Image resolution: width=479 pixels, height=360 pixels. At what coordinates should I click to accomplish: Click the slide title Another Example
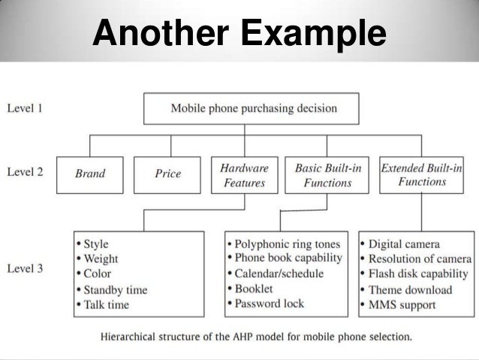[x=239, y=35]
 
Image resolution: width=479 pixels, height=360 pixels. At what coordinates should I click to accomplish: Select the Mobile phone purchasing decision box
[x=254, y=108]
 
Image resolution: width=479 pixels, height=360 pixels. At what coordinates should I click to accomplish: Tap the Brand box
[x=90, y=174]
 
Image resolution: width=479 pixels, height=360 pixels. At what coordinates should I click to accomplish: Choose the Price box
[x=167, y=174]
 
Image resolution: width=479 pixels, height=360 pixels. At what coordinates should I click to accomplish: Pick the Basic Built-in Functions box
[x=323, y=175]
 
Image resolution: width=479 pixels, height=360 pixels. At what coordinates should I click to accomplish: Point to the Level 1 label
[x=25, y=107]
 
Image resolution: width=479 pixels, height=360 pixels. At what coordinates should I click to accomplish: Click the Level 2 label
[x=25, y=172]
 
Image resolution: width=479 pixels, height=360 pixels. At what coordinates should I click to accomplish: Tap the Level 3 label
[x=25, y=268]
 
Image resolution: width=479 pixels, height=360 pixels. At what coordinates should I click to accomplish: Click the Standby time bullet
[x=115, y=290]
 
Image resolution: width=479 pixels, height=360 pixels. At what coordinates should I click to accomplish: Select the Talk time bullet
[x=106, y=304]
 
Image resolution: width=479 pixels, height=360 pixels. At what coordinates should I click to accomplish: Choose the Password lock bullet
[x=270, y=304]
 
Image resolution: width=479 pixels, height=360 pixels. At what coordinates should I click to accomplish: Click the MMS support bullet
[x=404, y=304]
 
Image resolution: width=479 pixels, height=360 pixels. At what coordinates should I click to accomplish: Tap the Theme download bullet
[x=410, y=289]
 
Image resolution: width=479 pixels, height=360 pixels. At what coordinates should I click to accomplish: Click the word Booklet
[x=254, y=289]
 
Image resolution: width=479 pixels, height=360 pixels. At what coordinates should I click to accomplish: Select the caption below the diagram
[x=257, y=336]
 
